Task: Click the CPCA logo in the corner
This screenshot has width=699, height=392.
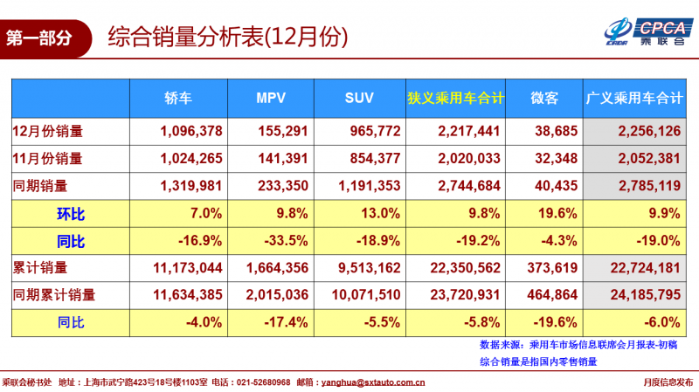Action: pos(647,31)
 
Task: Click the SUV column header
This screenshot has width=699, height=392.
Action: pos(360,98)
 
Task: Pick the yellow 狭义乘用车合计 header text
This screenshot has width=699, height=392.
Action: pos(455,98)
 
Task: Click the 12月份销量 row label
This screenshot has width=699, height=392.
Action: pos(49,132)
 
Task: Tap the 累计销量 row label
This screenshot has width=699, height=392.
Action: pos(41,267)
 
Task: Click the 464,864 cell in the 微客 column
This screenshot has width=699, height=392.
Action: pos(549,295)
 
